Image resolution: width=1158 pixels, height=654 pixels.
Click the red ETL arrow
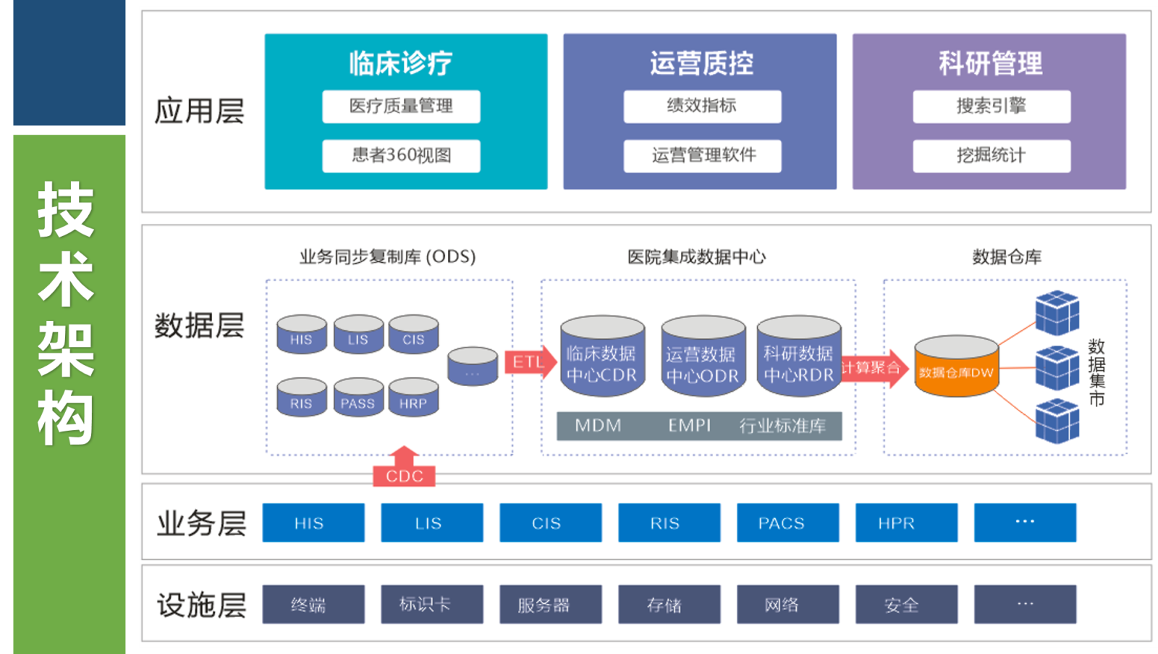(529, 362)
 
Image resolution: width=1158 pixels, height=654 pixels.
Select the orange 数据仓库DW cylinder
(956, 367)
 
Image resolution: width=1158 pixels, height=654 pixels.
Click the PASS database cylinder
(358, 399)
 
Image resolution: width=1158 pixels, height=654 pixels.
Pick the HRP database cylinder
(413, 399)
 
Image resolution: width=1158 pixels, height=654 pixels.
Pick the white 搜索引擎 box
(992, 106)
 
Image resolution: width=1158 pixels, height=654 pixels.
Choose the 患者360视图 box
(401, 156)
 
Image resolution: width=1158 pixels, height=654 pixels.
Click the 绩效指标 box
(702, 106)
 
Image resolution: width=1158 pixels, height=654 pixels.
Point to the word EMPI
(689, 426)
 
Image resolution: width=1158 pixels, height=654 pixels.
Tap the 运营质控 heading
(701, 64)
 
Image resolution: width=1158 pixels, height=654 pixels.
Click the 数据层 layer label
(199, 326)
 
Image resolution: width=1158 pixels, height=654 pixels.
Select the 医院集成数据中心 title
(696, 257)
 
